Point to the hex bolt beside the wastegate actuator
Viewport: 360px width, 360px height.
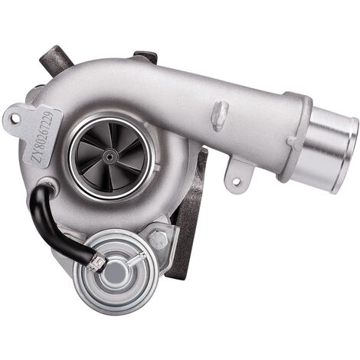pos(159,241)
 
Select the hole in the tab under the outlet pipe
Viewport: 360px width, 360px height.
pos(236,181)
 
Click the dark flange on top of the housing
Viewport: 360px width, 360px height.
pos(146,57)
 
